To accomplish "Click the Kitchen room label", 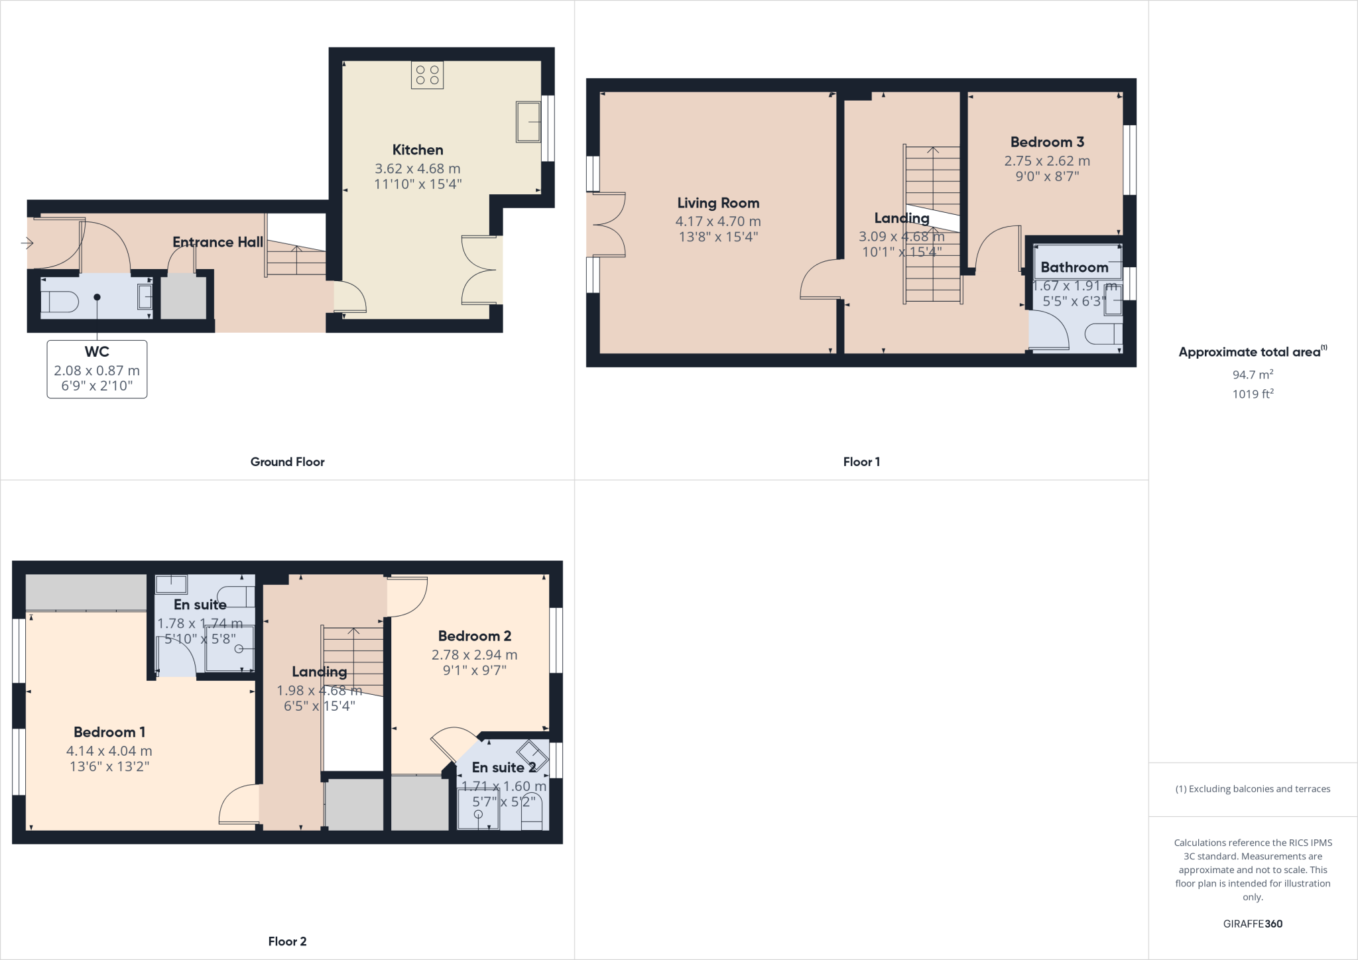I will pyautogui.click(x=417, y=150).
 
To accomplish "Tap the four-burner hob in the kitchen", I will pyautogui.click(x=427, y=75).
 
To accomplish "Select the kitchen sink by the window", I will pyautogui.click(x=528, y=121).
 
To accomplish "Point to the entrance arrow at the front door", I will pyautogui.click(x=27, y=243).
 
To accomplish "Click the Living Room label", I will pyautogui.click(x=717, y=203).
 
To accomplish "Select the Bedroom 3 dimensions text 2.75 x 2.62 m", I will pyautogui.click(x=1046, y=160).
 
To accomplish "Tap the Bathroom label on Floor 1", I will pyautogui.click(x=1074, y=267).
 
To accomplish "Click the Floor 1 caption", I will pyautogui.click(x=861, y=462).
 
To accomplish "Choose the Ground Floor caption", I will pyautogui.click(x=287, y=462).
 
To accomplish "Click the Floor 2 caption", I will pyautogui.click(x=287, y=941).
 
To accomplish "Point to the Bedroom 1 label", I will pyautogui.click(x=109, y=732).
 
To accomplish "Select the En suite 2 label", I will pyautogui.click(x=503, y=767).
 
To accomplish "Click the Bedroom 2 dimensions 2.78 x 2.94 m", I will pyautogui.click(x=474, y=654).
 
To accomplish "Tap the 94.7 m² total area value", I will pyautogui.click(x=1252, y=375).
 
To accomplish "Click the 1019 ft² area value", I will pyautogui.click(x=1252, y=394).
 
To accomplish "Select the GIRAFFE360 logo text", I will pyautogui.click(x=1252, y=924).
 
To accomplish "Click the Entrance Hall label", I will pyautogui.click(x=217, y=242).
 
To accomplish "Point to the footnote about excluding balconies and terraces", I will pyautogui.click(x=1252, y=789).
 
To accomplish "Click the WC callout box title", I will pyautogui.click(x=97, y=352).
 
